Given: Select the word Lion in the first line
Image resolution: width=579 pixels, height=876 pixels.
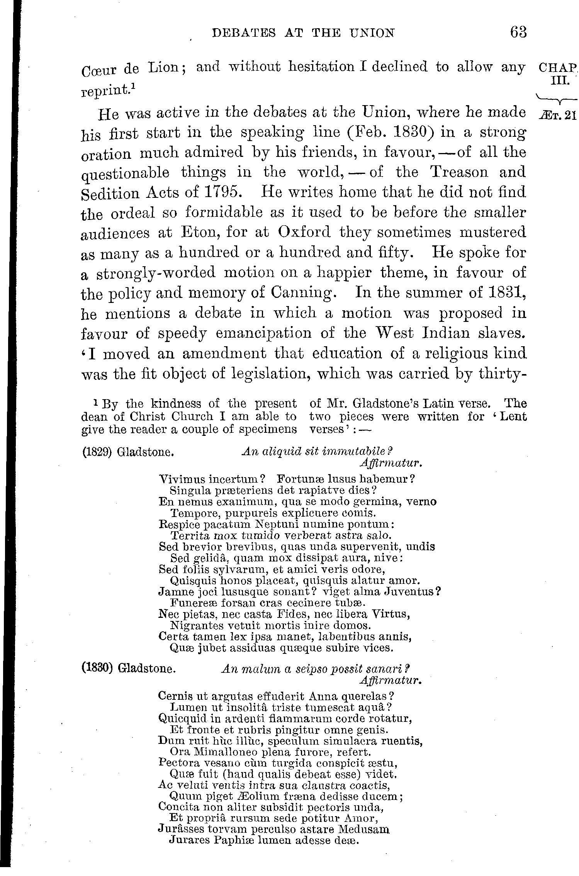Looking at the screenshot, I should (166, 68).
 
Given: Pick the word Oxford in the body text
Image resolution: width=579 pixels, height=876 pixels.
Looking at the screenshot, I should (304, 232).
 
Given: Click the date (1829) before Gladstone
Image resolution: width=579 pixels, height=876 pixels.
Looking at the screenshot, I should (97, 452).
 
